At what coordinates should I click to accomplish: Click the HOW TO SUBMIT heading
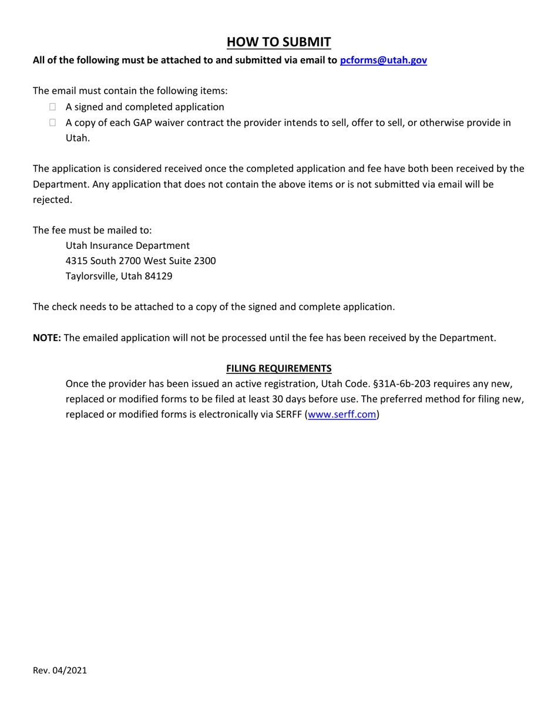[279, 42]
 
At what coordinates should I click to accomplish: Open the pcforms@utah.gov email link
[384, 60]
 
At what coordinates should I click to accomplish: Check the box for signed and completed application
[53, 107]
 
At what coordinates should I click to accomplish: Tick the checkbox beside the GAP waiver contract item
[53, 123]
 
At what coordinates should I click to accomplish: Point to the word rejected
[52, 200]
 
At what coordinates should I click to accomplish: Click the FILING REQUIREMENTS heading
[279, 369]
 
